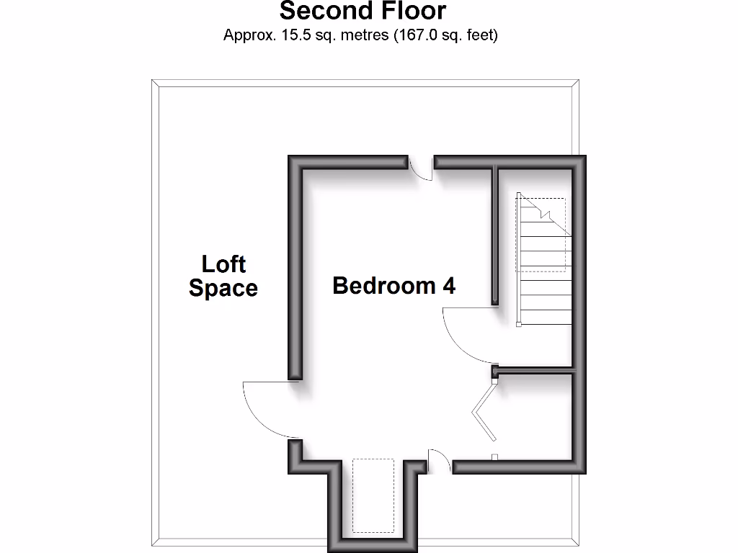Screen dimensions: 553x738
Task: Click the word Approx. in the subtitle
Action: pyautogui.click(x=247, y=35)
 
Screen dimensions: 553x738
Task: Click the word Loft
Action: pyautogui.click(x=223, y=264)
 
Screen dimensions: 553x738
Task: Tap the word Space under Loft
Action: pyautogui.click(x=223, y=289)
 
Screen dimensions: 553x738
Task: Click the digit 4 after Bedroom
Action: pyautogui.click(x=449, y=286)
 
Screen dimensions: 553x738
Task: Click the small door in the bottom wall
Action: pyautogui.click(x=440, y=462)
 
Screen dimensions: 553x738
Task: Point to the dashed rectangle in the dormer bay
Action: pyautogui.click(x=373, y=495)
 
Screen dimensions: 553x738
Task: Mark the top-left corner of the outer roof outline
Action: pyautogui.click(x=152, y=80)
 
